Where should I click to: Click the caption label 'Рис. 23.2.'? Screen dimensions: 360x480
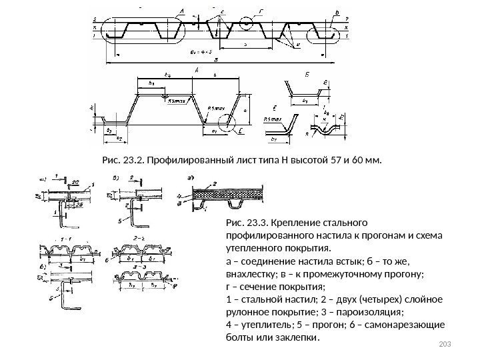122,160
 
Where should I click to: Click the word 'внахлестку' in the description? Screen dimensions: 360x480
253,273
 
